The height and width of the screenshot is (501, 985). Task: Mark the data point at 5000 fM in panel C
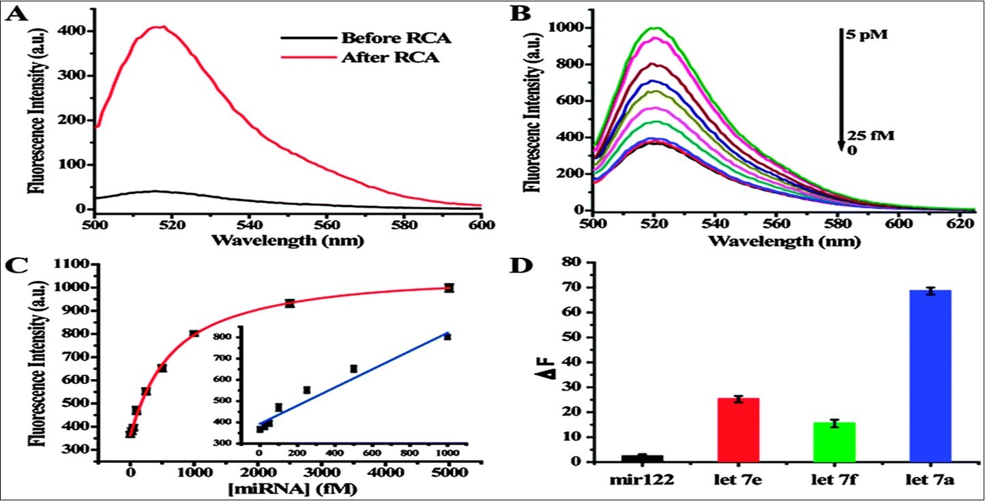[x=449, y=288]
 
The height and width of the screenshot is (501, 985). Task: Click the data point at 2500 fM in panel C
[x=290, y=303]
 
